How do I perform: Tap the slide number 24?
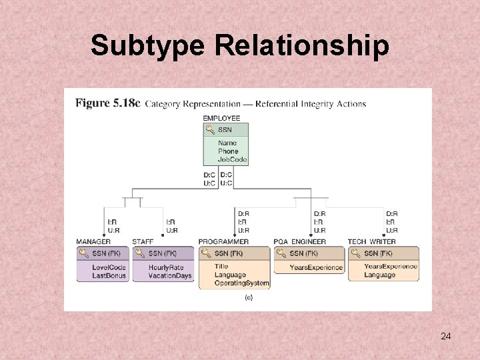tap(446, 336)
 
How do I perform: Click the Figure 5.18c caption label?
tap(108, 103)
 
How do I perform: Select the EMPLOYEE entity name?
tap(222, 118)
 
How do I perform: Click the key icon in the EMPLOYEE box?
tap(210, 129)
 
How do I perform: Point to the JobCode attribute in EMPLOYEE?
tap(232, 159)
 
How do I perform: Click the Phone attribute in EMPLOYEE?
tap(228, 151)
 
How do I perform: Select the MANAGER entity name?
tap(93, 241)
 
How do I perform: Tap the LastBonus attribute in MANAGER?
tap(109, 275)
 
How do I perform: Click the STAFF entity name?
tap(143, 241)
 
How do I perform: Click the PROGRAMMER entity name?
tap(224, 241)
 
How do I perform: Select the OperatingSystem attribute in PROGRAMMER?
tap(242, 283)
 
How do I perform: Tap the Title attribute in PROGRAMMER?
tap(221, 267)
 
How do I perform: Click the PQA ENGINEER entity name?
tap(300, 241)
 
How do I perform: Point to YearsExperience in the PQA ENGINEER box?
tap(316, 267)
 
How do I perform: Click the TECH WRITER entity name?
tap(371, 241)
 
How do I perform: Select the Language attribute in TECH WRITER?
tap(379, 275)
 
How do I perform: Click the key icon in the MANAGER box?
tap(83, 253)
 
